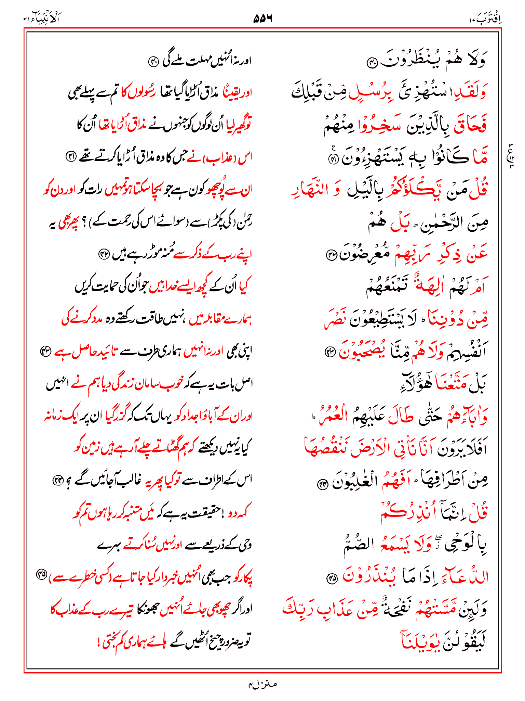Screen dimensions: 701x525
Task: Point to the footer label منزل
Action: point(263,684)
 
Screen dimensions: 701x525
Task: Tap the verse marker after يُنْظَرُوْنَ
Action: point(371,63)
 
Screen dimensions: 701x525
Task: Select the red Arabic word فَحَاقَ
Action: point(470,125)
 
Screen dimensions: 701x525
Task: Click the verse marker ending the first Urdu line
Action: point(153,62)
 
